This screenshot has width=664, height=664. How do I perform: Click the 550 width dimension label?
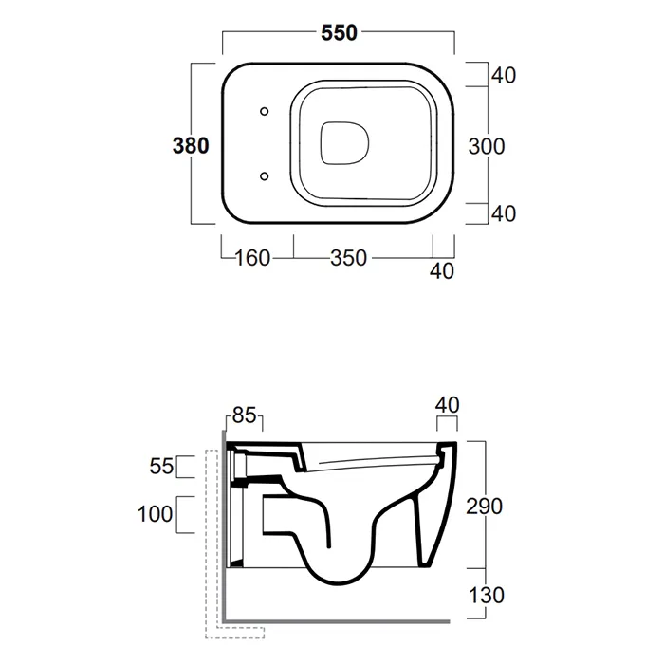coord(339,32)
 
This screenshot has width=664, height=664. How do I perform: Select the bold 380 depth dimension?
coord(191,146)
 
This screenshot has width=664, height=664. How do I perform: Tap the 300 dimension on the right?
coord(487,146)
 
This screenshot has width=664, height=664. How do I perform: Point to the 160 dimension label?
coord(252,258)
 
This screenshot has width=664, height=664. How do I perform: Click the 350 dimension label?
coord(348,258)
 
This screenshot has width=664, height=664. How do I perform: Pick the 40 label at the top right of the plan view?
coord(504,75)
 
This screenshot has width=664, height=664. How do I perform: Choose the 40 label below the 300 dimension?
coord(504,213)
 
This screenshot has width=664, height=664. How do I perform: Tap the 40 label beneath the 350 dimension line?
coord(442,271)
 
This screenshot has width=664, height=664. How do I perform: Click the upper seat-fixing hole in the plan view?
coord(265,111)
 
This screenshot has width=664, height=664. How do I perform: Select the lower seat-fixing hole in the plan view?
coord(265,175)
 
